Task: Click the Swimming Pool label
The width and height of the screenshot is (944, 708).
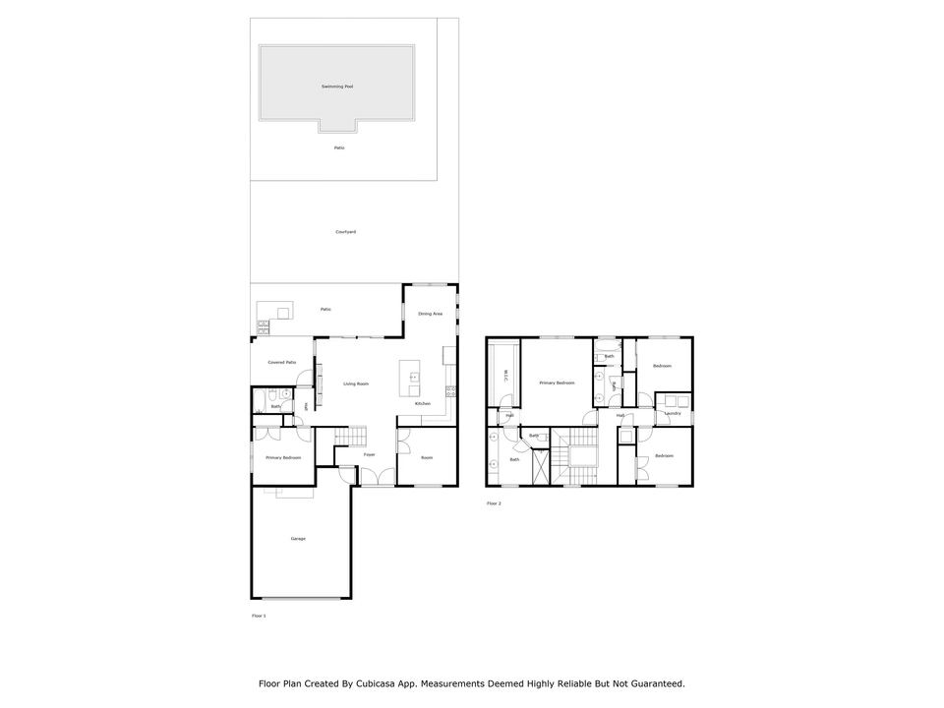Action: point(337,87)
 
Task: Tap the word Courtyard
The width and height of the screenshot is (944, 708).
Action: point(345,232)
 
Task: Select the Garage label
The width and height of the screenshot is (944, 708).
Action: point(298,538)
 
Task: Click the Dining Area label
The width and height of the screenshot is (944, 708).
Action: point(431,314)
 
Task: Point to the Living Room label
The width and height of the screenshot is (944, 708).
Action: point(355,383)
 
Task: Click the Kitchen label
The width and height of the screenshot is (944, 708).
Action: point(423,404)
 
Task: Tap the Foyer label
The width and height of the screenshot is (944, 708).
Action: point(370,455)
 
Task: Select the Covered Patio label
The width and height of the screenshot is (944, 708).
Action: point(282,362)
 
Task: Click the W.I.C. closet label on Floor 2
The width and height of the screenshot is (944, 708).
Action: point(505,376)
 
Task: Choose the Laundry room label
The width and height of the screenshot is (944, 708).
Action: point(673,413)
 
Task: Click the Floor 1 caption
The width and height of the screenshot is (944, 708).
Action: point(259,616)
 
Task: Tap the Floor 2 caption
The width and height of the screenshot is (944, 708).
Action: point(494,503)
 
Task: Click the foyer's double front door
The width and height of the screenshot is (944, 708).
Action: point(377,478)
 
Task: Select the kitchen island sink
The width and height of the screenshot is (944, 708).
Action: point(414,376)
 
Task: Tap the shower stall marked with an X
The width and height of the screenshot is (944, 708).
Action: point(541,466)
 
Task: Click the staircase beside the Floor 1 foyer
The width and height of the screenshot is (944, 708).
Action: point(350,436)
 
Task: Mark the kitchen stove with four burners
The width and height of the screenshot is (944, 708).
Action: point(450,390)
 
